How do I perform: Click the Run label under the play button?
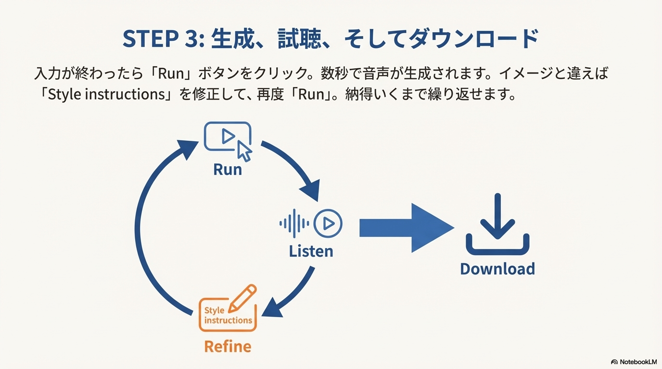point(228,169)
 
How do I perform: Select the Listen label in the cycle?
point(311,251)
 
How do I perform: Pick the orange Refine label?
point(228,346)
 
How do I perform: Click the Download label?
point(497,269)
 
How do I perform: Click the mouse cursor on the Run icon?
point(244,150)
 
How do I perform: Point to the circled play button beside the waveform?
point(328,223)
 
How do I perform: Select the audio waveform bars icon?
point(294,223)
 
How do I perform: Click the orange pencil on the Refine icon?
point(242,297)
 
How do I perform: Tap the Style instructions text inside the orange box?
point(228,315)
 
